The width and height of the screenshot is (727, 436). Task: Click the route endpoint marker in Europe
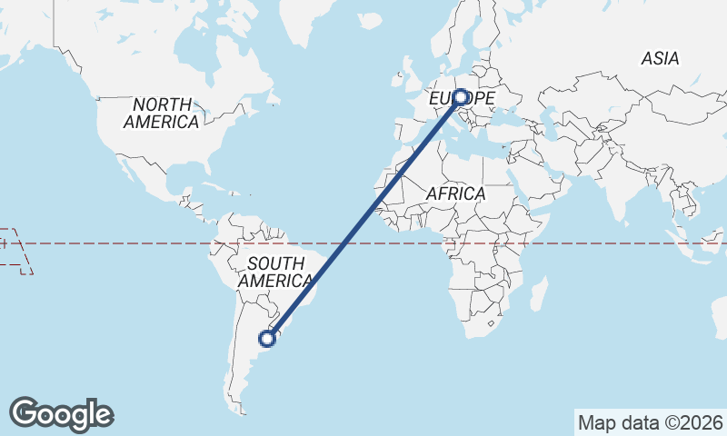pos(461,97)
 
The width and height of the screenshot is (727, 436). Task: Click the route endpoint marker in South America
pos(267,339)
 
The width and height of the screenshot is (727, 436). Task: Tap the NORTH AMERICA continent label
pos(162,113)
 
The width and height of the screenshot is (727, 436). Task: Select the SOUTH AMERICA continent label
pos(276,272)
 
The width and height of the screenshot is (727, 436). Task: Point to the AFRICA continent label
pos(456,194)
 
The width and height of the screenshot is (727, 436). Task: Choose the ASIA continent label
pos(660,58)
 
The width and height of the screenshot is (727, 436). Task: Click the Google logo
pos(62,414)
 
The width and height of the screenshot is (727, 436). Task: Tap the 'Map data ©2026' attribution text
pos(650,422)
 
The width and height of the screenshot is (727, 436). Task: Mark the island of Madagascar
pos(539,292)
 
